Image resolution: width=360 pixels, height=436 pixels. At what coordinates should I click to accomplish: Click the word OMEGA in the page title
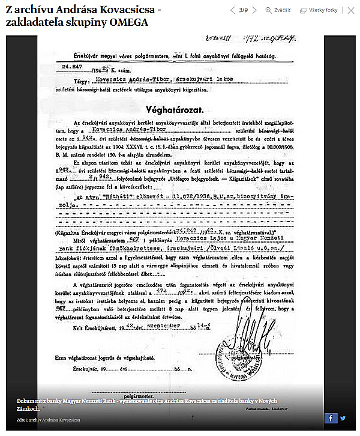click(127, 22)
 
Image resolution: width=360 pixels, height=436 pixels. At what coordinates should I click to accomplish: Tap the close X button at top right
click(351, 10)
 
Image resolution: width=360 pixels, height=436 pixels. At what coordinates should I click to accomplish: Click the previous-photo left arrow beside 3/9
click(232, 10)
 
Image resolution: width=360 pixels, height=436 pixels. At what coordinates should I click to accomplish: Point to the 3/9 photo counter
click(244, 10)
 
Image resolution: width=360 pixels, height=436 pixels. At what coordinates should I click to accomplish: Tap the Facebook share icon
click(331, 418)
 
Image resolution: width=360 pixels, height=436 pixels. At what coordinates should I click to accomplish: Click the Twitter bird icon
click(343, 418)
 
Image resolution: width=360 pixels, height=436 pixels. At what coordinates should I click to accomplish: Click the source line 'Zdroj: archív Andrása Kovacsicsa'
click(49, 420)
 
